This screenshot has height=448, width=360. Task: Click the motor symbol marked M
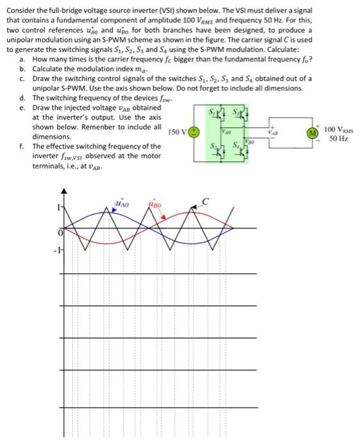(312, 134)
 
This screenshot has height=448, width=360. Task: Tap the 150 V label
(176, 132)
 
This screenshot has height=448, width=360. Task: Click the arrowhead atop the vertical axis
(63, 191)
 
